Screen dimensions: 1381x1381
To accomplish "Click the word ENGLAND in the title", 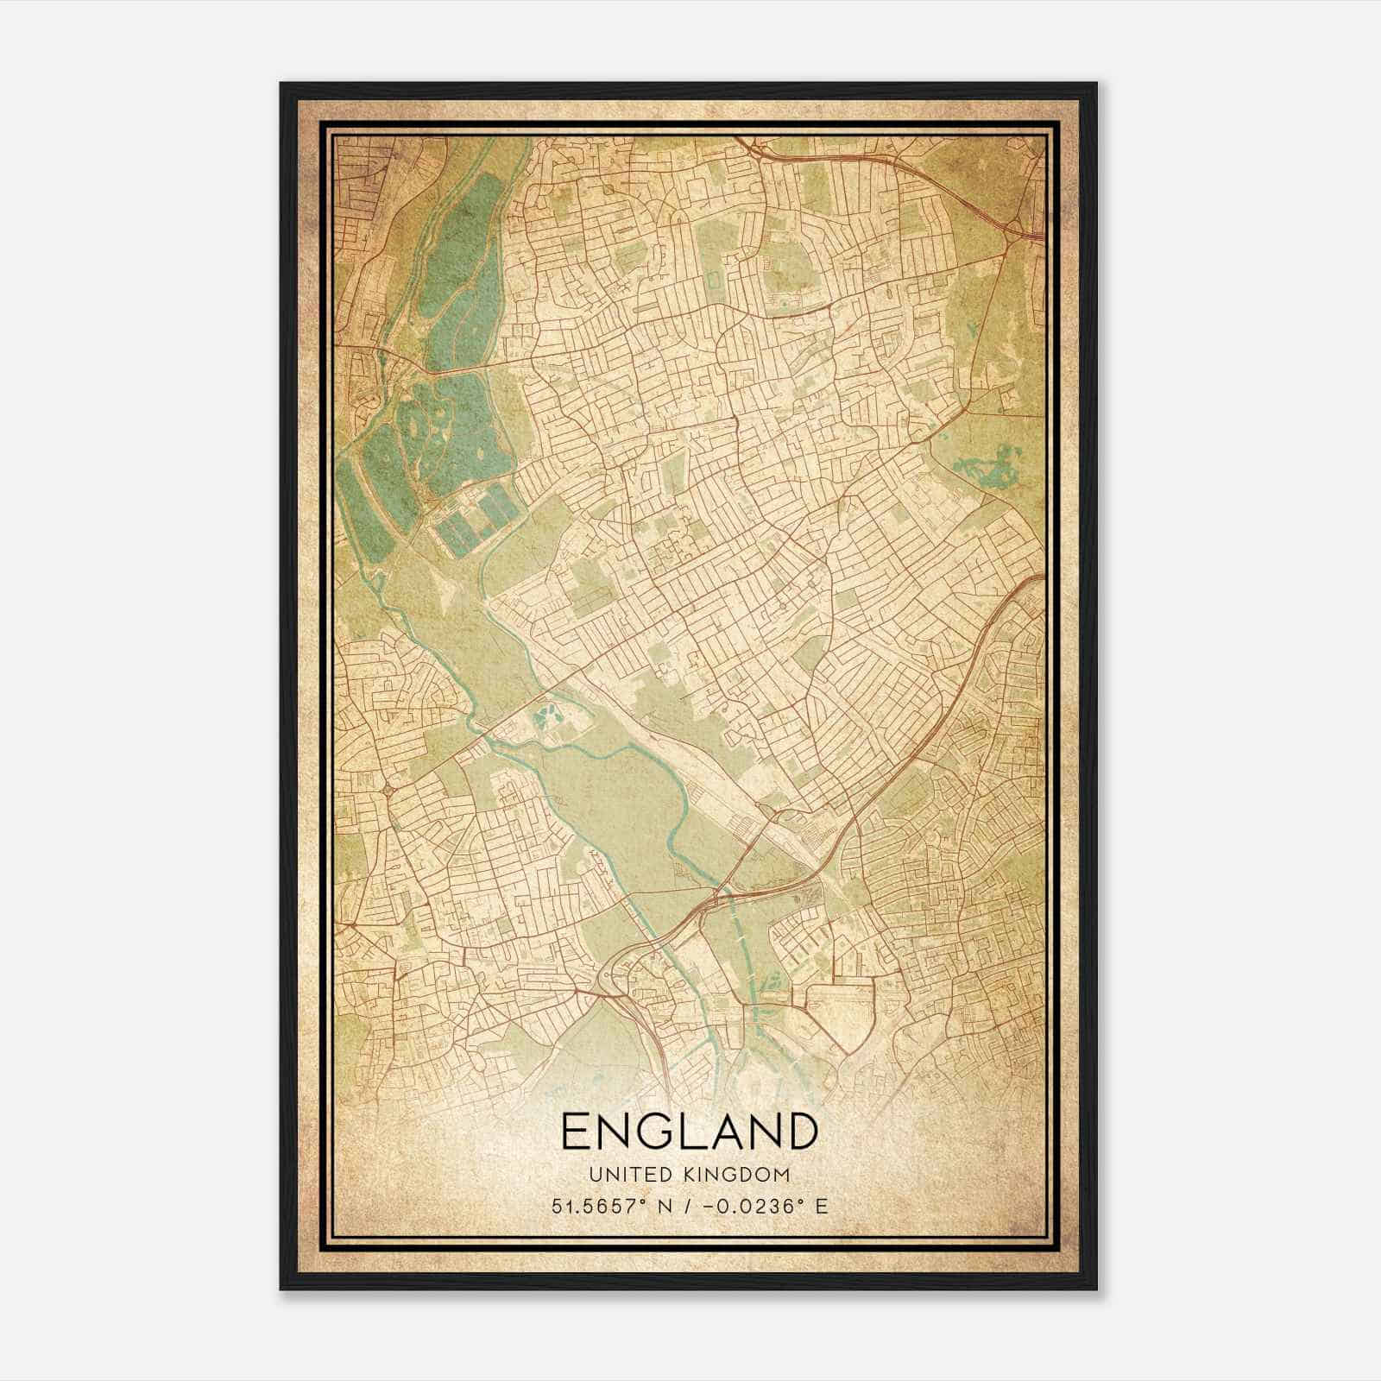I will [x=689, y=1132].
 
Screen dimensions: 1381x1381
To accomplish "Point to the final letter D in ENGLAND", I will [x=800, y=1132].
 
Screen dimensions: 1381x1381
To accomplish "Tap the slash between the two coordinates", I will [x=685, y=1207].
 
